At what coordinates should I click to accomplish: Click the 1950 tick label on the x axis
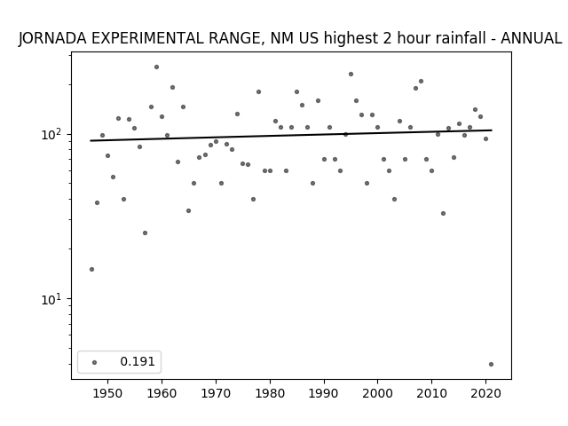coord(107,393)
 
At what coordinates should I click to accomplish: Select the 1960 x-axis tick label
coord(162,393)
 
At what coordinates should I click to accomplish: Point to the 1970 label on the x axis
coord(216,393)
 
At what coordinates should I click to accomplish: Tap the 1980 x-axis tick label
coord(270,393)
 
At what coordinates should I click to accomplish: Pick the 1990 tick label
coord(324,393)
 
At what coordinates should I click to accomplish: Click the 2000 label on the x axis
coord(378,393)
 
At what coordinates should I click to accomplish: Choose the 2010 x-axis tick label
coord(432,393)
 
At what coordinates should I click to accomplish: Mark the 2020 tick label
coord(485,393)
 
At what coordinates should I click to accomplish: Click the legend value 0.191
coord(138,361)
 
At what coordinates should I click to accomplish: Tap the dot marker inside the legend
coord(95,362)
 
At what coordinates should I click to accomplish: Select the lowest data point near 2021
coord(491,365)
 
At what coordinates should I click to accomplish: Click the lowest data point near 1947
coord(91,269)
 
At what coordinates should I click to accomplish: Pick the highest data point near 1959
coord(156,67)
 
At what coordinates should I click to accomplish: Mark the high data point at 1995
coord(351,75)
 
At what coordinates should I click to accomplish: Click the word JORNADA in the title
coord(52,38)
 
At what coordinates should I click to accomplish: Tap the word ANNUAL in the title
coord(531,38)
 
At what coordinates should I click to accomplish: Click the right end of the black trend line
coord(492,130)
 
